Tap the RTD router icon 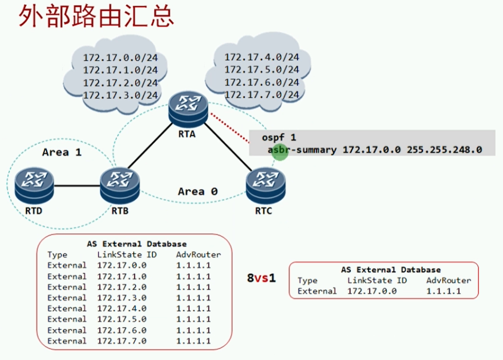pos(34,186)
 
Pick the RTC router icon pos(265,186)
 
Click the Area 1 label pos(62,153)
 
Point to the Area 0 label pos(198,191)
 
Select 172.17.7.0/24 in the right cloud pos(262,95)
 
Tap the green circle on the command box pos(280,152)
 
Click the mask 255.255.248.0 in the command pos(444,150)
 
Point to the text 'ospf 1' pos(279,138)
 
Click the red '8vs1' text pos(261,278)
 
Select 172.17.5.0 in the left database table pos(122,319)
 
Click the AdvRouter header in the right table pos(449,280)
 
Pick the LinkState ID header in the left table pos(127,254)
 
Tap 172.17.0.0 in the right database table pos(372,291)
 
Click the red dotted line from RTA pos(230,127)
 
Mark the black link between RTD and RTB pos(77,186)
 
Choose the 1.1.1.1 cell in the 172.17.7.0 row pos(193,341)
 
